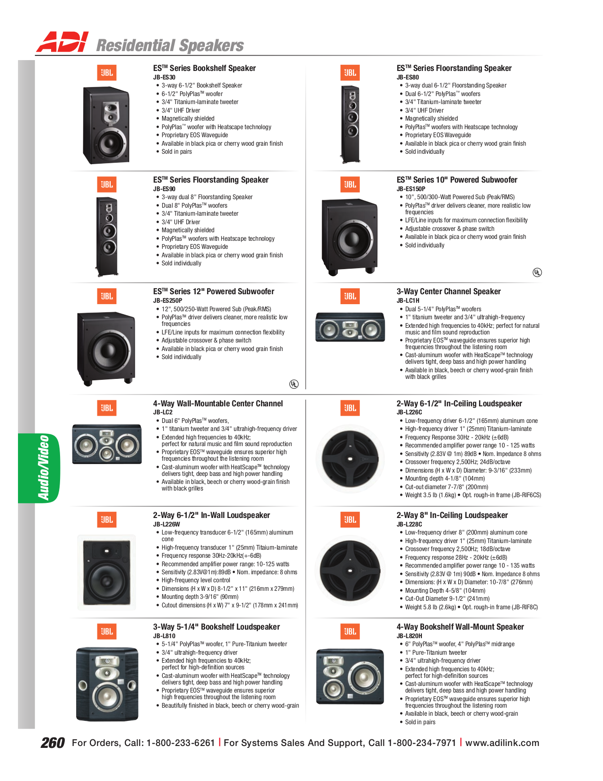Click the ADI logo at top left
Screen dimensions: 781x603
(62, 42)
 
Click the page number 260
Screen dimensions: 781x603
(52, 743)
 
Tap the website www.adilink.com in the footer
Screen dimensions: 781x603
(502, 743)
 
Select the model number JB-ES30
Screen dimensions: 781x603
(164, 77)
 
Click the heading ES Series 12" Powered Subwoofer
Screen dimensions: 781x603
(213, 291)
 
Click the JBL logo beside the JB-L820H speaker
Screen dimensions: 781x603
(350, 631)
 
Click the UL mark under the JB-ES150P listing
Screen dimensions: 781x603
(537, 272)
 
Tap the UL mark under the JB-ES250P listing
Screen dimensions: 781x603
(294, 384)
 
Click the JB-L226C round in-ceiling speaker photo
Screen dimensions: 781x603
(350, 458)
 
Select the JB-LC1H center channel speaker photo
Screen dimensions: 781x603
(350, 327)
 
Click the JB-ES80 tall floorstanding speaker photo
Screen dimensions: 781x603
(350, 124)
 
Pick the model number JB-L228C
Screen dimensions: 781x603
(409, 524)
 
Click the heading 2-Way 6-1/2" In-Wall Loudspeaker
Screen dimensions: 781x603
(211, 515)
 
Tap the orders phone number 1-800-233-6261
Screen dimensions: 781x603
(181, 743)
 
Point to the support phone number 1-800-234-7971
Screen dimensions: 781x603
(422, 743)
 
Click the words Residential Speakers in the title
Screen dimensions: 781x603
(170, 45)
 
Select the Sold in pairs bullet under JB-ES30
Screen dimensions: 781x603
(176, 152)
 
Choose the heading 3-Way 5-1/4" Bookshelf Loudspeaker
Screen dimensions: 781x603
(216, 627)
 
